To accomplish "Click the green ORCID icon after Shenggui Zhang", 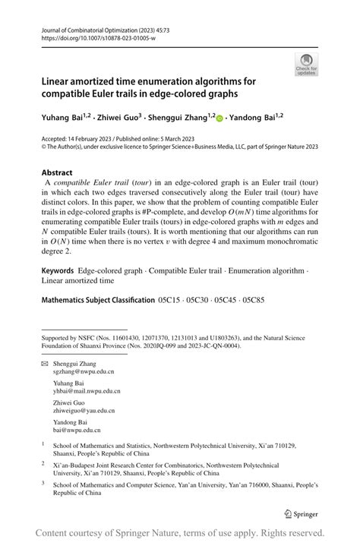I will coord(219,118).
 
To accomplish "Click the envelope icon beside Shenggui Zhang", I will coord(44,364).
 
